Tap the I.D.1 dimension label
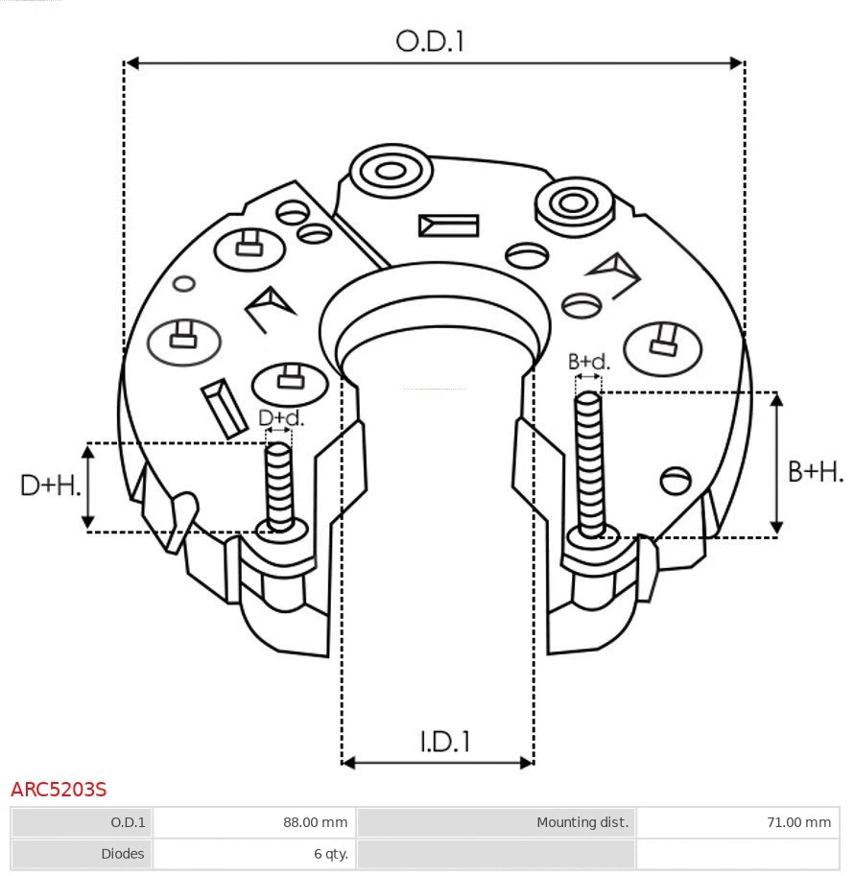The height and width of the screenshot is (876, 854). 444,742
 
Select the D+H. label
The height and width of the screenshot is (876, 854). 50,485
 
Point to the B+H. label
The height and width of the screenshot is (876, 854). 816,471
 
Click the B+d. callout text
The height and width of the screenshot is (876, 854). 588,362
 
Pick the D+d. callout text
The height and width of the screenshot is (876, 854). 280,418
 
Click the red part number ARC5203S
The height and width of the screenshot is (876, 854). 59,790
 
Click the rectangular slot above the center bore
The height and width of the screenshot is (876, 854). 448,225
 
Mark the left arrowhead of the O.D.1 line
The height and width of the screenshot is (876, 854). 132,63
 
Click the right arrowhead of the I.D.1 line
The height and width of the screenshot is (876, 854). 526,763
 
